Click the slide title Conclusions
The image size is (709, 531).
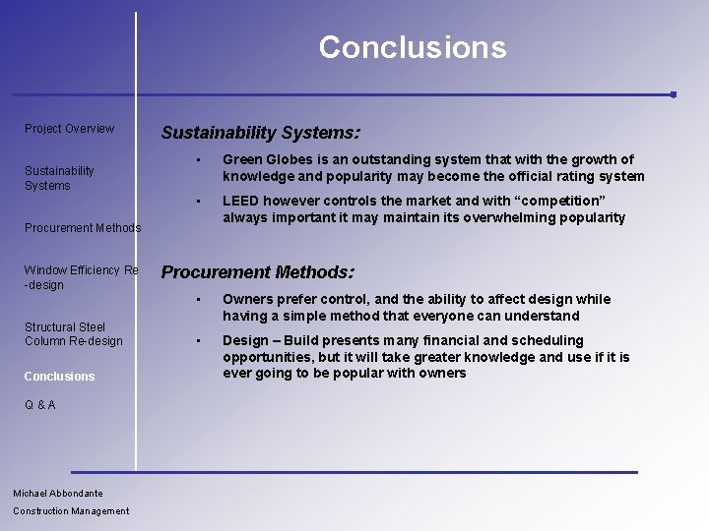[x=412, y=47]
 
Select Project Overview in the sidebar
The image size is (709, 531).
[x=69, y=129]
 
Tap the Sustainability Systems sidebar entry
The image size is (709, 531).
[x=59, y=178]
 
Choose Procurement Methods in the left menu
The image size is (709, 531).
[x=83, y=228]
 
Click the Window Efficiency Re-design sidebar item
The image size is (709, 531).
[x=81, y=277]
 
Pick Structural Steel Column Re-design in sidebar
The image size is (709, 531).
[x=73, y=334]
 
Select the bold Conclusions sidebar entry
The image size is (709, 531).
[x=59, y=377]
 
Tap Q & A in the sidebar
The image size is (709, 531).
[x=40, y=405]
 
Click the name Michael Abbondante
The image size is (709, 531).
[x=58, y=494]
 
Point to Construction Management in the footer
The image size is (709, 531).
[x=71, y=511]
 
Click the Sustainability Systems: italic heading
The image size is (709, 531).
[x=260, y=132]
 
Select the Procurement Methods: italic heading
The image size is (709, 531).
[x=257, y=272]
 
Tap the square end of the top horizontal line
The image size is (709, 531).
[x=673, y=95]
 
